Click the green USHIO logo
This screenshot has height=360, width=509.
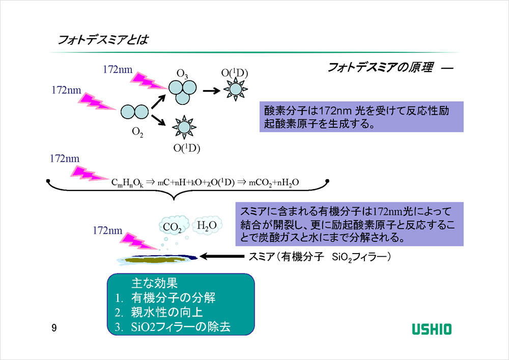point(431,329)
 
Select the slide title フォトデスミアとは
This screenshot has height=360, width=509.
point(103,39)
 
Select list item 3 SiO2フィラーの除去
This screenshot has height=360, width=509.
point(173,327)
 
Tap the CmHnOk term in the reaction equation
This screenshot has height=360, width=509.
point(127,183)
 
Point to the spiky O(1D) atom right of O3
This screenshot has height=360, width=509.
point(236,90)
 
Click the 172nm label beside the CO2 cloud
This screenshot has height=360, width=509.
point(107,231)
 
